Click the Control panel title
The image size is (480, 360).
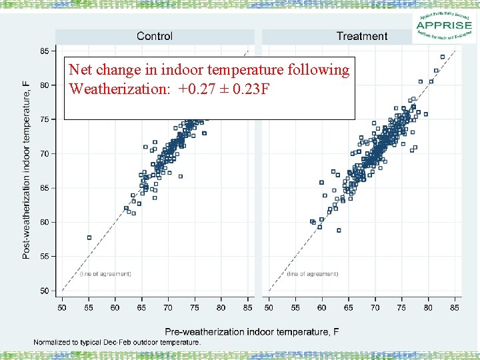tap(154, 36)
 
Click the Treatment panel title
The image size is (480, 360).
tap(361, 36)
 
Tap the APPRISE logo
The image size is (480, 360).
tap(445, 27)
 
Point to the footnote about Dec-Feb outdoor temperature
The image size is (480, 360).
tap(117, 342)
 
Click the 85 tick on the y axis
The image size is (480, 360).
tap(44, 51)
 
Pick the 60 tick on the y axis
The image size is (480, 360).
tap(44, 222)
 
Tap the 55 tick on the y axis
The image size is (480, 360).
tap(44, 256)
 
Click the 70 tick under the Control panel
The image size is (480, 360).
tap(167, 307)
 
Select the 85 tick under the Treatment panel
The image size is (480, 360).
tap(454, 307)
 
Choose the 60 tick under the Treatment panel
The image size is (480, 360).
tap(321, 307)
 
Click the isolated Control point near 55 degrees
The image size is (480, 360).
tap(89, 237)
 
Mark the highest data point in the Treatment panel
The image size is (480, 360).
tap(443, 57)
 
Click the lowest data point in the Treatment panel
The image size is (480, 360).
tap(339, 230)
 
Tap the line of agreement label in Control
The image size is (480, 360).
tap(105, 274)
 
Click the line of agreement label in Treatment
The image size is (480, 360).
tap(313, 274)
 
